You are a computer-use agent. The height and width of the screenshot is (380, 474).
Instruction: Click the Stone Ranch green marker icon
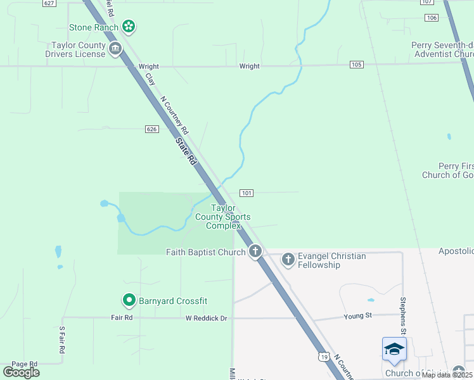[129, 27]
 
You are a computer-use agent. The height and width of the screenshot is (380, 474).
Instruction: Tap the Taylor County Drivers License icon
[115, 49]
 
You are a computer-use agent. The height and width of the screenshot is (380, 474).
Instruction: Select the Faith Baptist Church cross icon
[255, 251]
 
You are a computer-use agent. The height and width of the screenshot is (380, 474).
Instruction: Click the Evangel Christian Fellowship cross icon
[288, 259]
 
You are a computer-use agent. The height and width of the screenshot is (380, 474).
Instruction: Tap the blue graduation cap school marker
[394, 349]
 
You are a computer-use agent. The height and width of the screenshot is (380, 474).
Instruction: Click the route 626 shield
[151, 129]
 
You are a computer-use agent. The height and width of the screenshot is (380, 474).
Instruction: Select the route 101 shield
[247, 193]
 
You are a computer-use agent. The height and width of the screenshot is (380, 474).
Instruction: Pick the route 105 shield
[356, 65]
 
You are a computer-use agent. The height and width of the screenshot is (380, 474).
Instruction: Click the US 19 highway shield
[323, 358]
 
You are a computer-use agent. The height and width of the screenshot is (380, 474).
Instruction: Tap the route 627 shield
[49, 3]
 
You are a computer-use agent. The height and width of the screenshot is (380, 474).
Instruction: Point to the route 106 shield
[432, 17]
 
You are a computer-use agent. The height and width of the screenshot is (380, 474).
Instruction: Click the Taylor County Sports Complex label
[222, 217]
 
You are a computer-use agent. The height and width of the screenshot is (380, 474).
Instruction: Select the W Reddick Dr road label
[206, 317]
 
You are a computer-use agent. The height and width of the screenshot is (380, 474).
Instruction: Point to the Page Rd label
[25, 364]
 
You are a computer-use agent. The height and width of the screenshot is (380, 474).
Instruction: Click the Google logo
[21, 372]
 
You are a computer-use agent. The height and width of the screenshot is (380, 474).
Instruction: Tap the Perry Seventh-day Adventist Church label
[443, 49]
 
